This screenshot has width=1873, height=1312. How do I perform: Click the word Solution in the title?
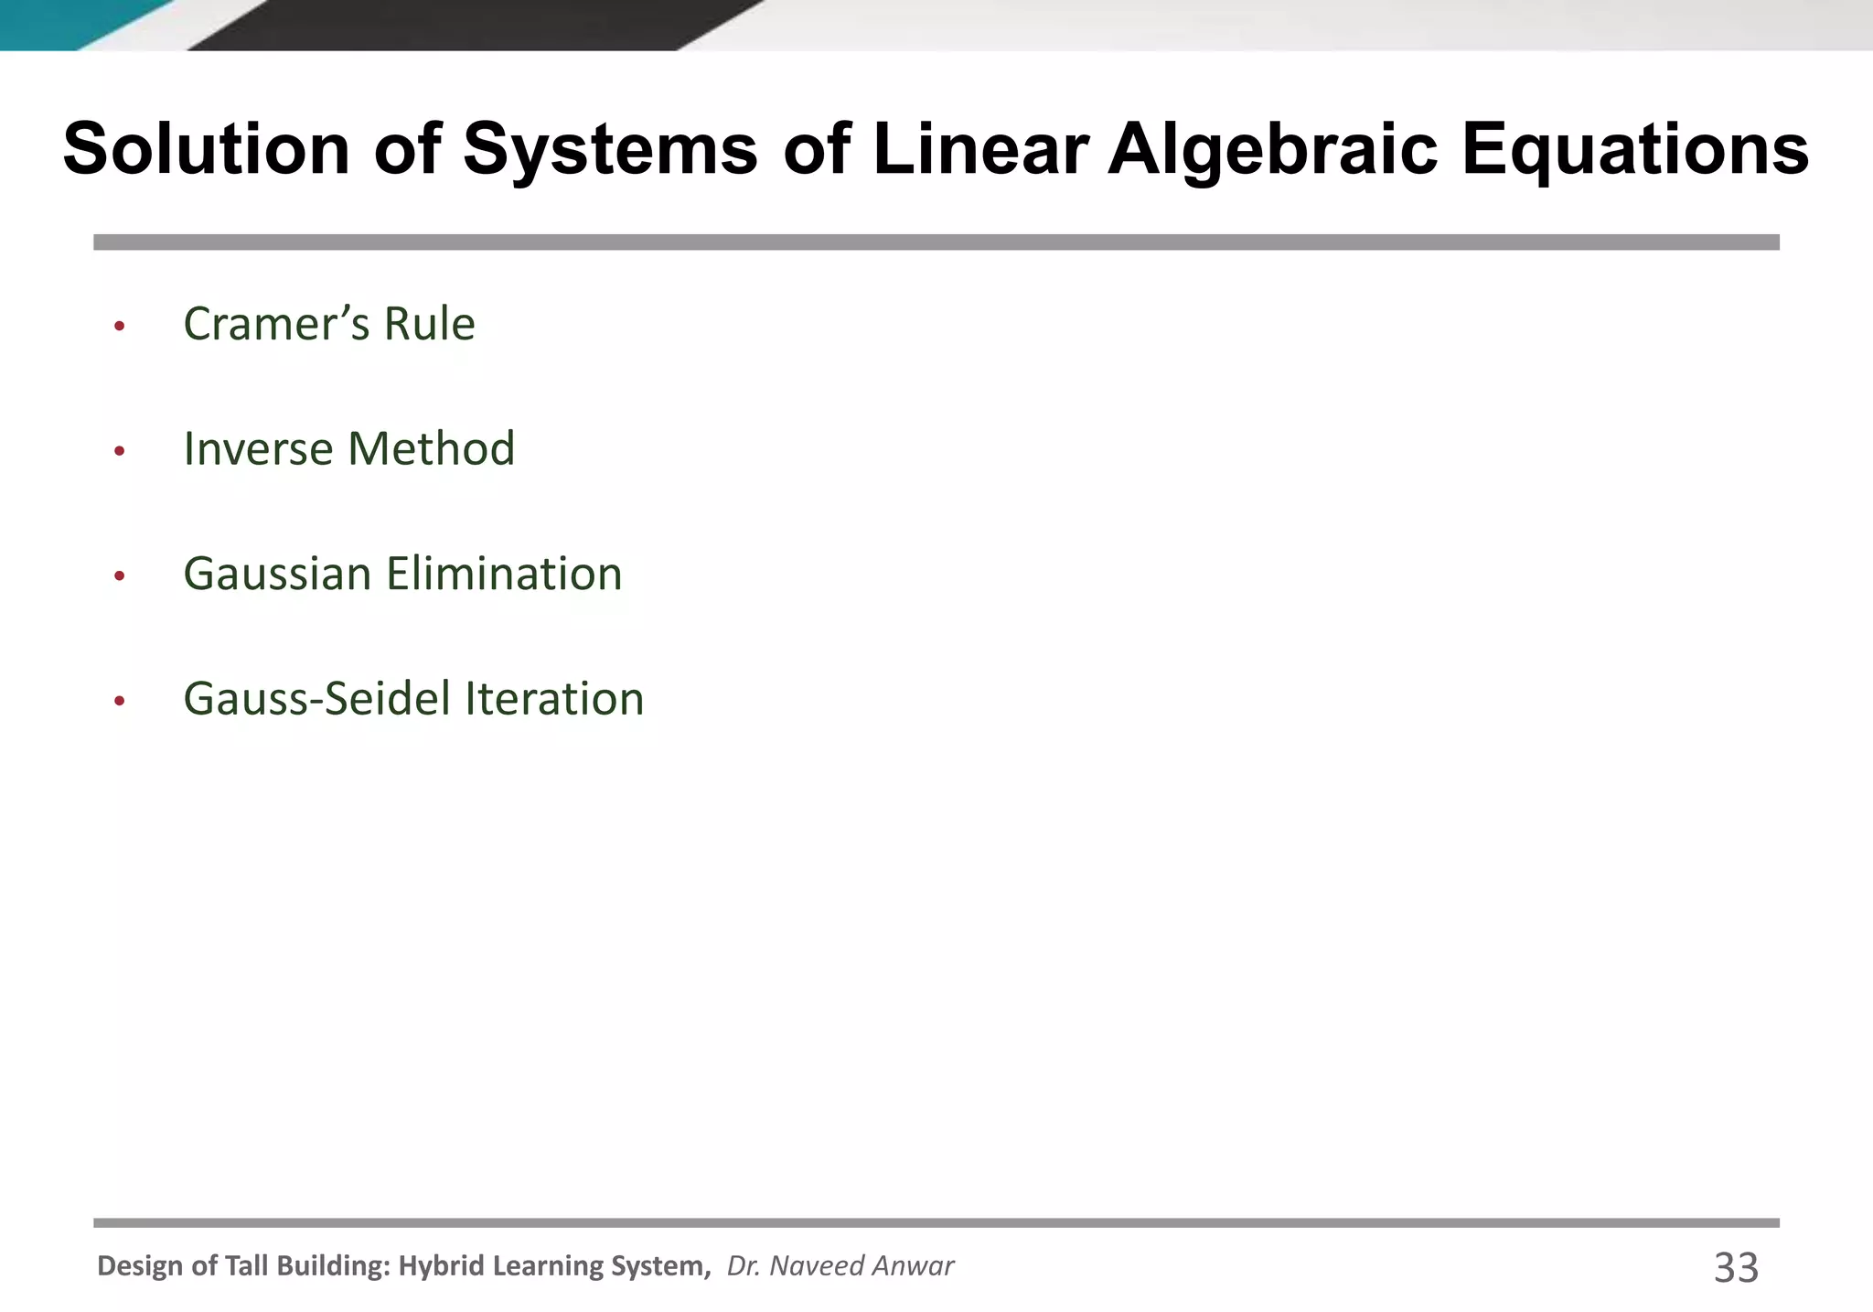[x=206, y=149]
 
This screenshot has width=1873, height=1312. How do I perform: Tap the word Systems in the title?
[x=610, y=149]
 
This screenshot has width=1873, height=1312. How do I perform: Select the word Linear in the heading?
[x=980, y=149]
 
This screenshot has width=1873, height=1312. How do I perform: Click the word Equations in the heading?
[x=1634, y=149]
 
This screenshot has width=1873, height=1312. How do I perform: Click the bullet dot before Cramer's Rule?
[x=119, y=326]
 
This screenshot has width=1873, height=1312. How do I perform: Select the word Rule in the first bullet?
[x=429, y=324]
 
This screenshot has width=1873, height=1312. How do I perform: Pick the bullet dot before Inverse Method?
[x=119, y=451]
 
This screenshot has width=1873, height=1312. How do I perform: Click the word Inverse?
[x=258, y=449]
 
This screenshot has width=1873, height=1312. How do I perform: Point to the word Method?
[x=431, y=449]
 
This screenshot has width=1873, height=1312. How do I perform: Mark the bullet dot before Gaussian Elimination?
[x=119, y=576]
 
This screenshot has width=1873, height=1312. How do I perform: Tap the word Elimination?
[x=504, y=575]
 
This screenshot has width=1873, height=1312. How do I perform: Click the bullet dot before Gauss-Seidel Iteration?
[x=119, y=702]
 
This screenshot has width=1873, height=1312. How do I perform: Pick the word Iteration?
[x=554, y=700]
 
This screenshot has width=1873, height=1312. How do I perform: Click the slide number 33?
[x=1735, y=1268]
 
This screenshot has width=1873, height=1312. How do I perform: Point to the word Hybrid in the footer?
[x=444, y=1266]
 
